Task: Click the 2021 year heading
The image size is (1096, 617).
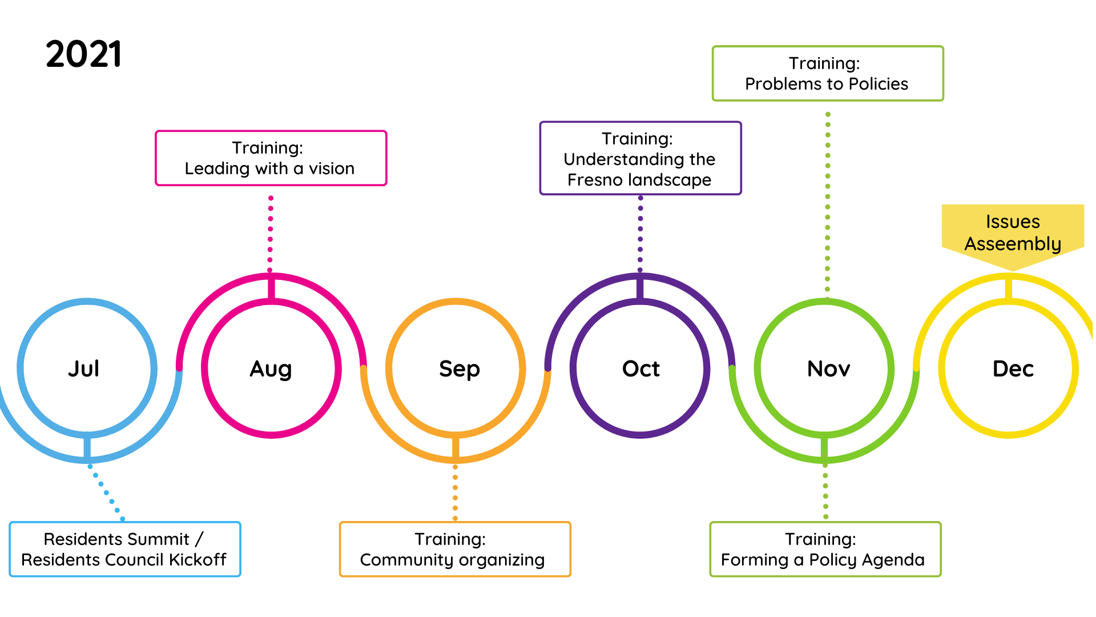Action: [83, 55]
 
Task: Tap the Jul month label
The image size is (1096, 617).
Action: [84, 368]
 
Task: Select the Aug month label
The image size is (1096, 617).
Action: [271, 369]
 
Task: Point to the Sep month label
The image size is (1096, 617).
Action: [459, 369]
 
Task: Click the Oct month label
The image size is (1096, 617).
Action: [640, 369]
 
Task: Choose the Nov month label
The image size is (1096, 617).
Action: [828, 369]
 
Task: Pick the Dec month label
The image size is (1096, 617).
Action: [1013, 369]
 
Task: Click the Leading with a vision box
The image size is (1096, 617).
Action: [271, 158]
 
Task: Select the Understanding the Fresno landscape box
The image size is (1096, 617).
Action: [640, 158]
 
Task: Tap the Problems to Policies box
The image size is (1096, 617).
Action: [827, 74]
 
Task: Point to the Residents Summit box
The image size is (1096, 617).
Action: [124, 549]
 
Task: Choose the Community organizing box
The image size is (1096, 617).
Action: [454, 549]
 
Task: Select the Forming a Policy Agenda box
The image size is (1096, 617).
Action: [825, 549]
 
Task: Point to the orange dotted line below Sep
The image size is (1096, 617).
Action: [455, 492]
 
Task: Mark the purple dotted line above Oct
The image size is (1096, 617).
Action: [640, 234]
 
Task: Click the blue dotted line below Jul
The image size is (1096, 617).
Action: [106, 492]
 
